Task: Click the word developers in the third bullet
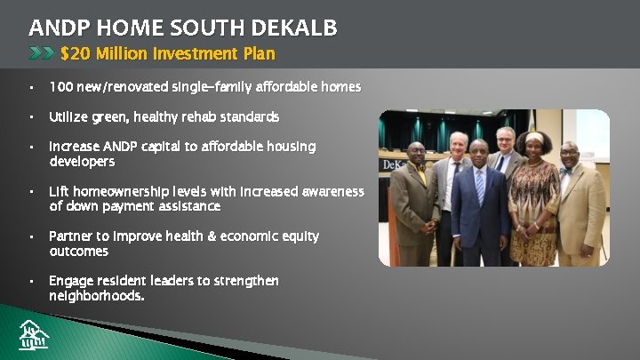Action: click(x=82, y=162)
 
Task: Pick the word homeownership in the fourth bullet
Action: click(x=116, y=192)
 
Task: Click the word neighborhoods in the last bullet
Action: click(x=96, y=296)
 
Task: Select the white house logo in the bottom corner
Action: click(x=34, y=334)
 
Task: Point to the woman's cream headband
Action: click(x=535, y=135)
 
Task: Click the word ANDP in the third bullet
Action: click(x=125, y=147)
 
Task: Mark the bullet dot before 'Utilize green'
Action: click(x=30, y=117)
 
